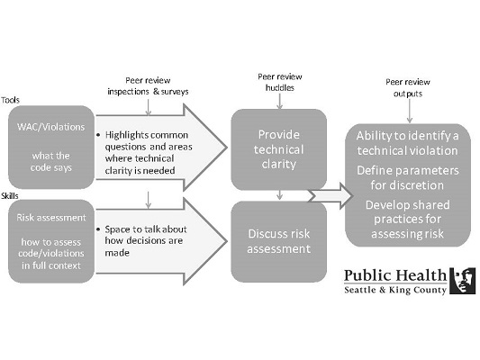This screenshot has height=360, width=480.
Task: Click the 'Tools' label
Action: pos(10,100)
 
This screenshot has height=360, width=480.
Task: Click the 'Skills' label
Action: pos(10,196)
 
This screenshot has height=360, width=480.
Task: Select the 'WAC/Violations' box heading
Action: pos(51,127)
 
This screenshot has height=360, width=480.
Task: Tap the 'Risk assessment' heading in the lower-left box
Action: pos(51,218)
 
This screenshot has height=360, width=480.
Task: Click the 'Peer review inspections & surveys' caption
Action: pos(148,85)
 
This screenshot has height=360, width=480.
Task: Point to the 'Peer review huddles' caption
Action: pos(280,82)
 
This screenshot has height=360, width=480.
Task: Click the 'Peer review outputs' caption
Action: pos(408,88)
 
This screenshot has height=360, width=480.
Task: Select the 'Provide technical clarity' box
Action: pos(279,149)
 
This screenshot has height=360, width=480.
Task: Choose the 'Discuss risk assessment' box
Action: pos(279,241)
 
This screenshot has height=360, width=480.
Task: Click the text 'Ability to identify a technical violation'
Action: pos(407,143)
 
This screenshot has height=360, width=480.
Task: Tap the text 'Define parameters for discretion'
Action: pos(407,177)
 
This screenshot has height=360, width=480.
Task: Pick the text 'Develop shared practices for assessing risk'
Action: pos(407,220)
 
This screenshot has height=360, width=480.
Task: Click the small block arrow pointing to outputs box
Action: pos(331,196)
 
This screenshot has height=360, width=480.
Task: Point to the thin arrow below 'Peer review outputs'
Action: pos(409,111)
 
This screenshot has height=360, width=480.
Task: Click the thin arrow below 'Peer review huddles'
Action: pos(279,101)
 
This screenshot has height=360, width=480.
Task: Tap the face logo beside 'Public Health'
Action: pos(463,281)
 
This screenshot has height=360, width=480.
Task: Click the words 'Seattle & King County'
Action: pos(395,290)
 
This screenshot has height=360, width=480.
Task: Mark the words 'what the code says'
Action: pos(51,161)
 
